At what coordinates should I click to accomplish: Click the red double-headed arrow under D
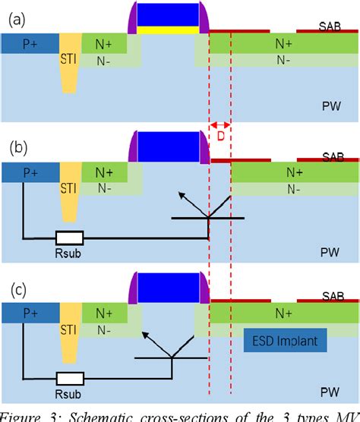(x=220, y=125)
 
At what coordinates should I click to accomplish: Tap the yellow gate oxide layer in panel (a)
(x=169, y=31)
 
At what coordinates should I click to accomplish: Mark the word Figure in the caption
(x=23, y=414)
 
